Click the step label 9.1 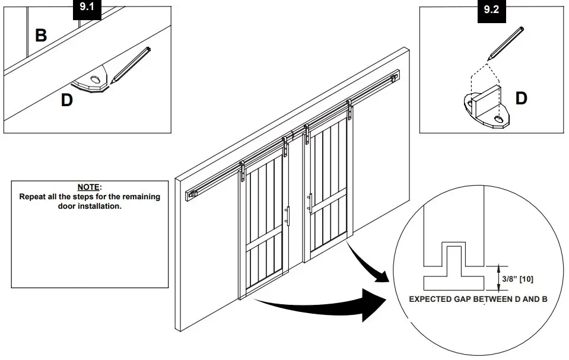(88, 10)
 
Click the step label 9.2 (492, 11)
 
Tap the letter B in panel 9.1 (41, 35)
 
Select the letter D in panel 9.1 (67, 100)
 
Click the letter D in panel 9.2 (521, 98)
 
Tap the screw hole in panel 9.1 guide (95, 79)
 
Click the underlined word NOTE (90, 187)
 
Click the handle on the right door (309, 202)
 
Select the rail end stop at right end (394, 77)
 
